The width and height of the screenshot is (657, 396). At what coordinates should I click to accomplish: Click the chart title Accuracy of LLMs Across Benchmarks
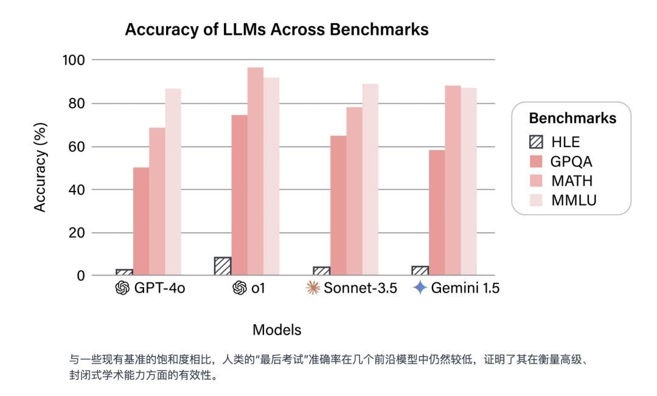tap(276, 30)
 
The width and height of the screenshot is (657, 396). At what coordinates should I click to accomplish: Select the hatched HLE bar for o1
tap(223, 266)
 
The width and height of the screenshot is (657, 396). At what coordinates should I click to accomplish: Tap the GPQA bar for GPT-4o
tap(141, 221)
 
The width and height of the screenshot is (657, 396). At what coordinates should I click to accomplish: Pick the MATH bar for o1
tap(255, 172)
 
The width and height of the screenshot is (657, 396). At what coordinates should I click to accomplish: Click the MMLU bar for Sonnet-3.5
tap(370, 179)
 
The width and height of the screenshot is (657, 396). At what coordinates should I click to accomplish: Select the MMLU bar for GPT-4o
tap(173, 182)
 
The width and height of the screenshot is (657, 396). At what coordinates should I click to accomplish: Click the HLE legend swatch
tap(536, 142)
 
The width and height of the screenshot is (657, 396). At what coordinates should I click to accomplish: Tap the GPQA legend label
tap(571, 162)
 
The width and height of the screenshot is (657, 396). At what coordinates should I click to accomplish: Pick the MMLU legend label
tap(574, 200)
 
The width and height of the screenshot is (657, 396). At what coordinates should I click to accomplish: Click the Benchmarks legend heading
tap(572, 118)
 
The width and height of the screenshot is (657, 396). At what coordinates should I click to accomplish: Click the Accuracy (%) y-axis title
tap(40, 167)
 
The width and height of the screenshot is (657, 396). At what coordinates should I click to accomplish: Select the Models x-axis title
tap(277, 330)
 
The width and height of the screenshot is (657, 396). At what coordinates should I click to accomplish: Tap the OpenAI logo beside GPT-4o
tap(122, 288)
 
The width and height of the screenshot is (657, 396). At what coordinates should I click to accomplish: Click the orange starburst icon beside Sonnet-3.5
tap(312, 288)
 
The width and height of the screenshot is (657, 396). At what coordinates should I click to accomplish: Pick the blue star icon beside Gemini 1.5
tap(420, 288)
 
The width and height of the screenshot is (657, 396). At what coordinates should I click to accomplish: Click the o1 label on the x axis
tap(258, 288)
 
